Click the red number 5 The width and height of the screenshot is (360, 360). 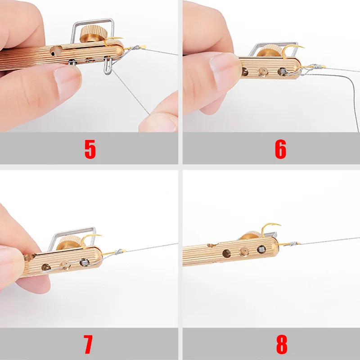[90, 149]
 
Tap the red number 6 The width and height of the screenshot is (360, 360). [280, 149]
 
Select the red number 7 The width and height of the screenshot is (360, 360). [88, 344]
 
